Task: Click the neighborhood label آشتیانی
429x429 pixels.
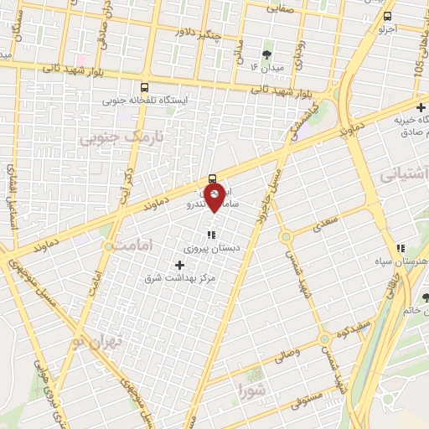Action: coord(404,175)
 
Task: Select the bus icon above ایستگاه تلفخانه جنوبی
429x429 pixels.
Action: coord(145,87)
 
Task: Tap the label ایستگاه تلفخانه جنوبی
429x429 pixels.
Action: coord(146,101)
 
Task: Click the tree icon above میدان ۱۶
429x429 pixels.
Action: coord(266,54)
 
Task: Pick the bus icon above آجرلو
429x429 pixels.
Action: coord(386,16)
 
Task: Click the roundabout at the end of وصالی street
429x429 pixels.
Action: coord(324,339)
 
